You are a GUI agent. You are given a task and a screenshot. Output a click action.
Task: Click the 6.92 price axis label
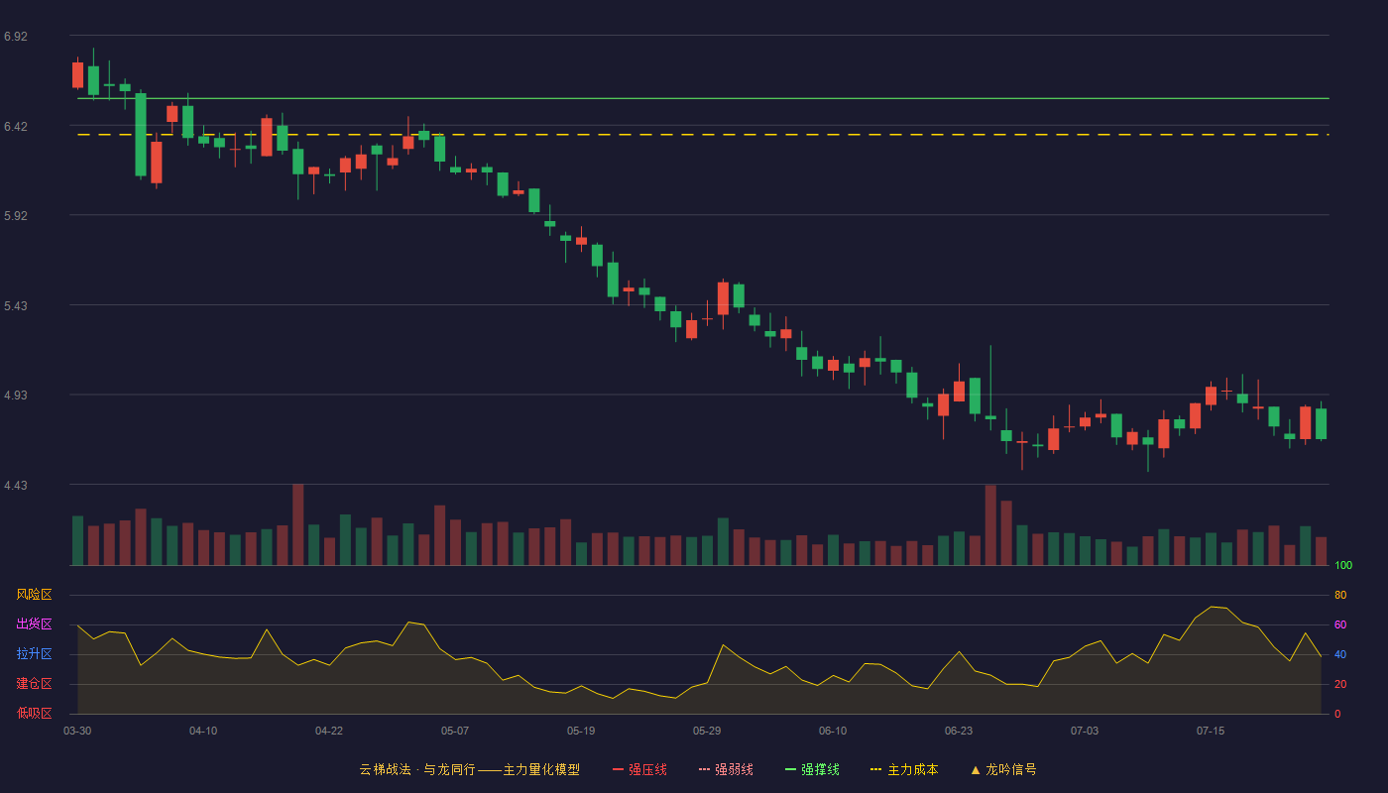pyautogui.click(x=16, y=37)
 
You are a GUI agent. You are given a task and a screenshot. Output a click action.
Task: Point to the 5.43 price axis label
pyautogui.click(x=16, y=306)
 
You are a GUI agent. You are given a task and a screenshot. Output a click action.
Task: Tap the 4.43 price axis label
pyautogui.click(x=16, y=486)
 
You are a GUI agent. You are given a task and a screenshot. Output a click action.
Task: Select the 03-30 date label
pyautogui.click(x=77, y=732)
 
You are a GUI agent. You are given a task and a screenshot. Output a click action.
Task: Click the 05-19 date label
pyautogui.click(x=581, y=732)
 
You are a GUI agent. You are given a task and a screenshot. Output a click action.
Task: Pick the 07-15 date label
pyautogui.click(x=1211, y=732)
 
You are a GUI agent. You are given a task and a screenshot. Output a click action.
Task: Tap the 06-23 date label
pyautogui.click(x=959, y=732)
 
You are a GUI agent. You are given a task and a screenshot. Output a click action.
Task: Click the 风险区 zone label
pyautogui.click(x=34, y=595)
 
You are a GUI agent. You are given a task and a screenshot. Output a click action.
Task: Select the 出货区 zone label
pyautogui.click(x=34, y=623)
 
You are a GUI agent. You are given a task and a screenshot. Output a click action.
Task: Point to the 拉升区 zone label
pyautogui.click(x=34, y=653)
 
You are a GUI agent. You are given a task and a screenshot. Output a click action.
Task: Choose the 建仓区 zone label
pyautogui.click(x=34, y=683)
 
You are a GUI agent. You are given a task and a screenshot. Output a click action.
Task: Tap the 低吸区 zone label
pyautogui.click(x=34, y=713)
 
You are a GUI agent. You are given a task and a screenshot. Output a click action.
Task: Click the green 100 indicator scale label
pyautogui.click(x=1343, y=565)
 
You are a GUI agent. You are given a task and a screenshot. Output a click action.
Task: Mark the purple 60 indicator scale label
pyautogui.click(x=1340, y=624)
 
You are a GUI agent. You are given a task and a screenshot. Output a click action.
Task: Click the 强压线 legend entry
pyautogui.click(x=639, y=769)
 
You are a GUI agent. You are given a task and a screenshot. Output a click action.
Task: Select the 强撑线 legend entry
pyautogui.click(x=812, y=769)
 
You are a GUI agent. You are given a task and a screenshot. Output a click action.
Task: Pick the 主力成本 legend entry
pyautogui.click(x=904, y=769)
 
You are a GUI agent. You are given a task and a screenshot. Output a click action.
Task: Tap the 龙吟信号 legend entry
pyautogui.click(x=1003, y=769)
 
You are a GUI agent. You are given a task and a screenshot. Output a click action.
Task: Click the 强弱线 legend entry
pyautogui.click(x=726, y=769)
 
